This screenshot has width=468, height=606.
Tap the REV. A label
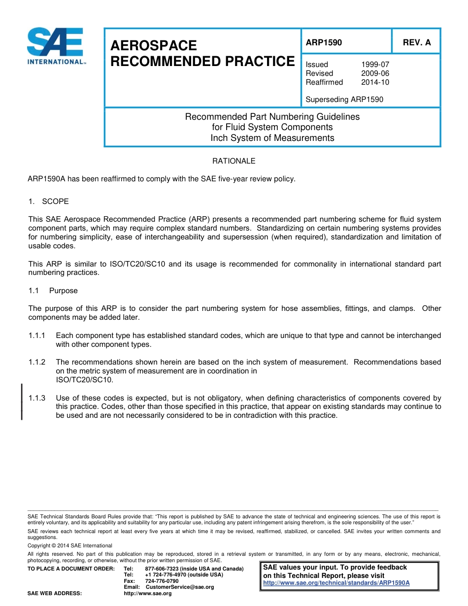pos(416,42)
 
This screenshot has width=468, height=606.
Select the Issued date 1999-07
pos(375,65)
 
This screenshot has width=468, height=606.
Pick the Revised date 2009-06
pos(375,73)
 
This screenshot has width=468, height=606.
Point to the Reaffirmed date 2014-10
pos(375,82)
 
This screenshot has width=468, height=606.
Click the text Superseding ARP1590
pos(344,99)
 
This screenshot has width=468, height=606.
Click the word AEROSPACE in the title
pos(153,46)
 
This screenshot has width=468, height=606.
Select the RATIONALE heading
pos(234,161)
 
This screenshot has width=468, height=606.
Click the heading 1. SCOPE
pos(48,202)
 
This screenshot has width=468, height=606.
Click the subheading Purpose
pos(63,291)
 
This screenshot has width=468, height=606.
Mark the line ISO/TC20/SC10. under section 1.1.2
pos(84,380)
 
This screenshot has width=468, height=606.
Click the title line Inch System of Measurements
pos(272,138)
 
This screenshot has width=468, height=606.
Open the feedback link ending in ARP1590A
pos(336,582)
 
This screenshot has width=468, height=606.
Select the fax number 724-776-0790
pos(162,581)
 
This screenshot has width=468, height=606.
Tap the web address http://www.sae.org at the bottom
pos(147,593)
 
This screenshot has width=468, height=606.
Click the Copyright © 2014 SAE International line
pos(70,545)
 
